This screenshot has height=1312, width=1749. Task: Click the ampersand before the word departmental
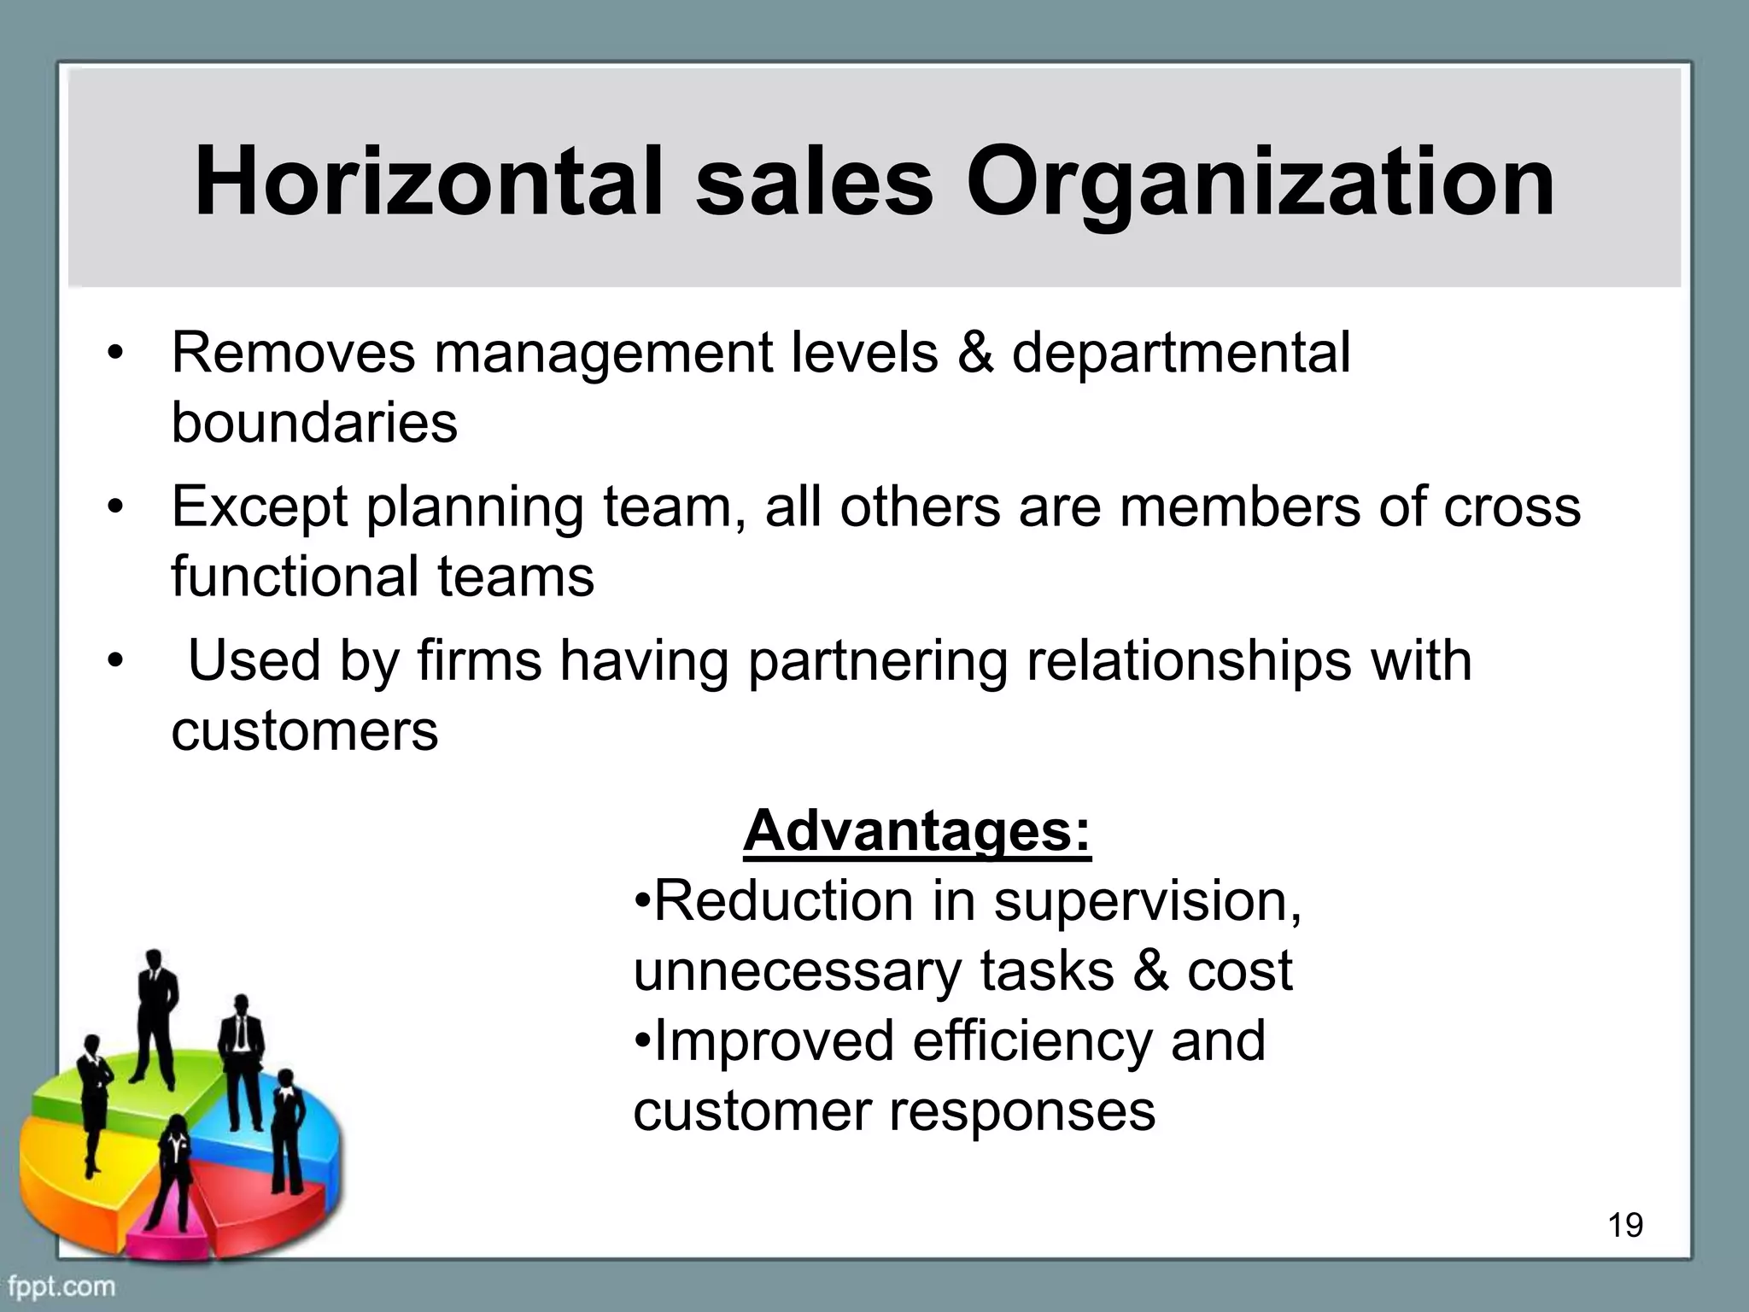(974, 352)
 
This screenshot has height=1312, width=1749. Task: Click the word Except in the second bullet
(260, 507)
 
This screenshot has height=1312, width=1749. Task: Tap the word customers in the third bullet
(304, 730)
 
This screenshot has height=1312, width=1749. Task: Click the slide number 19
(1625, 1226)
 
